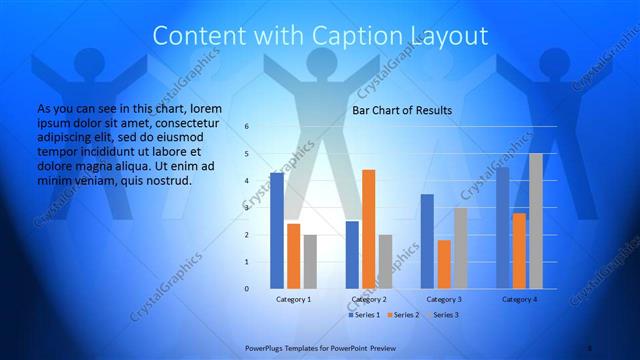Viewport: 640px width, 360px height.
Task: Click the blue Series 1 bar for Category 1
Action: (x=277, y=231)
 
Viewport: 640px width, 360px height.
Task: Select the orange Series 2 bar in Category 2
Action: (x=369, y=229)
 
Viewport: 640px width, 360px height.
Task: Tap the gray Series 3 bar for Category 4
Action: (x=536, y=221)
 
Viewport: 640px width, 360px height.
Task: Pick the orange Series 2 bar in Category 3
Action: (x=444, y=264)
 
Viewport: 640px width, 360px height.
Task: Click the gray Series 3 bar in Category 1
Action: (x=310, y=262)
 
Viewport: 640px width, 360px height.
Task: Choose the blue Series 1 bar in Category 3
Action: (x=427, y=241)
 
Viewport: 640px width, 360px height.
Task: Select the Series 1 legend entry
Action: (x=364, y=315)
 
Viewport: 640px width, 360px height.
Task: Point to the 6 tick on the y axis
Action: (x=246, y=127)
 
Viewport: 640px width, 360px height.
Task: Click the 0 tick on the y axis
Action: (x=246, y=289)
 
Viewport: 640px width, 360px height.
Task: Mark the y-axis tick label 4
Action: (x=246, y=181)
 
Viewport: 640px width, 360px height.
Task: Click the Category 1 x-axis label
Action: (x=293, y=299)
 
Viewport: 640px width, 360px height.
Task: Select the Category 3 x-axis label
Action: (x=443, y=299)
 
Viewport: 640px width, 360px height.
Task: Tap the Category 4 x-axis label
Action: (x=519, y=299)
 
